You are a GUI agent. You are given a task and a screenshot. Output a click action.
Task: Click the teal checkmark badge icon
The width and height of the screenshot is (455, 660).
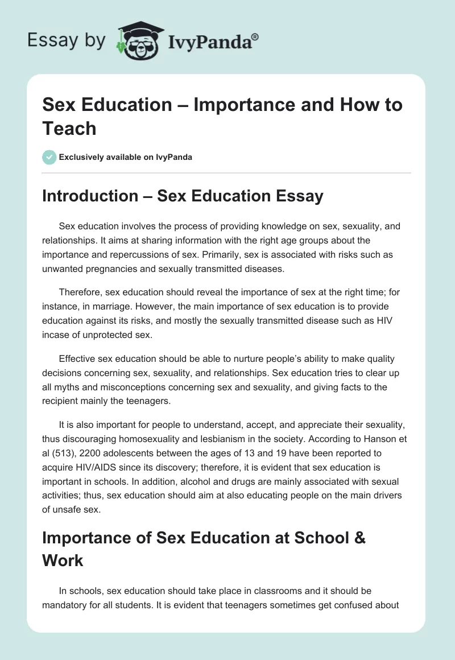pyautogui.click(x=49, y=157)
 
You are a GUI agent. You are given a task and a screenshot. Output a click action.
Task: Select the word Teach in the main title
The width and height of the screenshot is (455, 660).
pyautogui.click(x=69, y=129)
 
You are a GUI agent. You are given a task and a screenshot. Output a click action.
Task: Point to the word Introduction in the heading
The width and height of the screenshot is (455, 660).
pyautogui.click(x=89, y=196)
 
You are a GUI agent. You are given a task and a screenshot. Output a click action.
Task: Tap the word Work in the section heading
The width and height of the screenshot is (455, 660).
pyautogui.click(x=63, y=560)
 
